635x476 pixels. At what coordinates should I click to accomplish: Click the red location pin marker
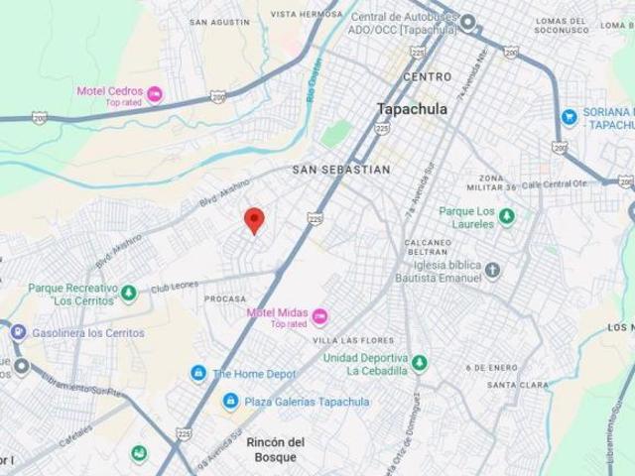(254, 219)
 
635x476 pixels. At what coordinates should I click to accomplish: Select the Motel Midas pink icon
(318, 316)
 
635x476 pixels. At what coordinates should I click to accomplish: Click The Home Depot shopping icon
(199, 374)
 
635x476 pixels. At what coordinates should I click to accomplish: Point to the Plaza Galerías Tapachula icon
(230, 402)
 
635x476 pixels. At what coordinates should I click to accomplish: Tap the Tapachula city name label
(412, 109)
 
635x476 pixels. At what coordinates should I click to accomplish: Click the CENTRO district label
(427, 76)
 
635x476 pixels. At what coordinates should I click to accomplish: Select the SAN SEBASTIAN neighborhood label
(340, 170)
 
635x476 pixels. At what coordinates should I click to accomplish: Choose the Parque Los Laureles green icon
(507, 215)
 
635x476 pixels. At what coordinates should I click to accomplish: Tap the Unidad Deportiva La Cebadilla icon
(419, 363)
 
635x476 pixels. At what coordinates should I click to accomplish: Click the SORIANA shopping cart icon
(569, 117)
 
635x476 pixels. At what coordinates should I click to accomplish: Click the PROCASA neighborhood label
(224, 298)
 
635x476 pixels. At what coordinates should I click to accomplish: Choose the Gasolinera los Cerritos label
(87, 333)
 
